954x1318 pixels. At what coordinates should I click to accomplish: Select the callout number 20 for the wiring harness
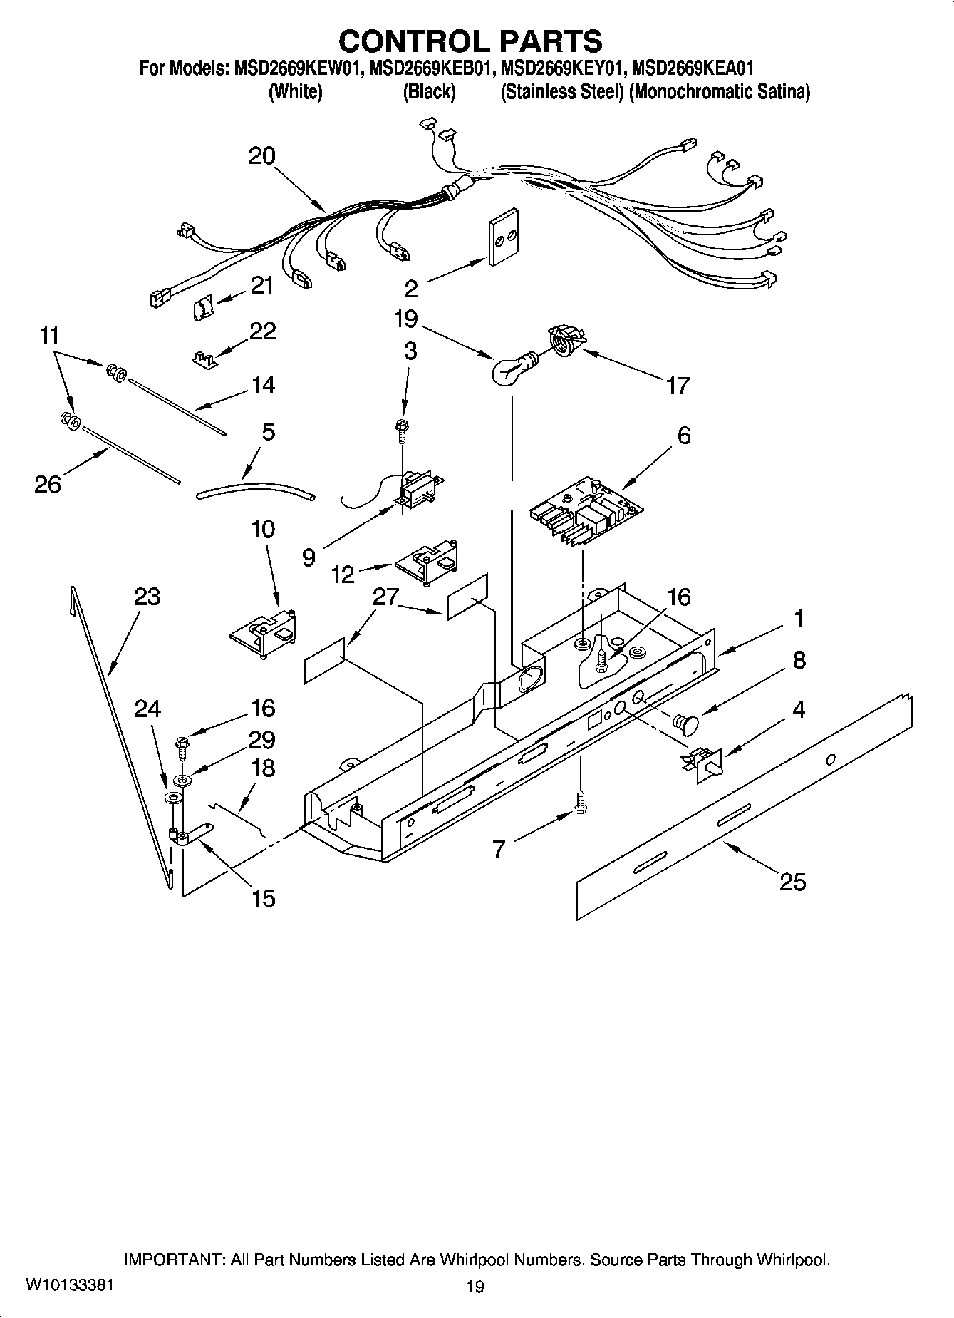[x=261, y=156]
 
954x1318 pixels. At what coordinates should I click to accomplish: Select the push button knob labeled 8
[x=686, y=724]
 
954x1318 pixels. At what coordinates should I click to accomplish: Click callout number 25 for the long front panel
[x=792, y=882]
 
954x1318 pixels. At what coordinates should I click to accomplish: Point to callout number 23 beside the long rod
[x=147, y=597]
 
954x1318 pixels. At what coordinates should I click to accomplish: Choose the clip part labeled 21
[x=203, y=309]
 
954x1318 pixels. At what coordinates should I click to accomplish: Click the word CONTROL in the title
[x=410, y=41]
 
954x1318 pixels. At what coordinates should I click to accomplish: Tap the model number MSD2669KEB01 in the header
[x=430, y=68]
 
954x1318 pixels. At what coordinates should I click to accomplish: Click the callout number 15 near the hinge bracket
[x=263, y=898]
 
